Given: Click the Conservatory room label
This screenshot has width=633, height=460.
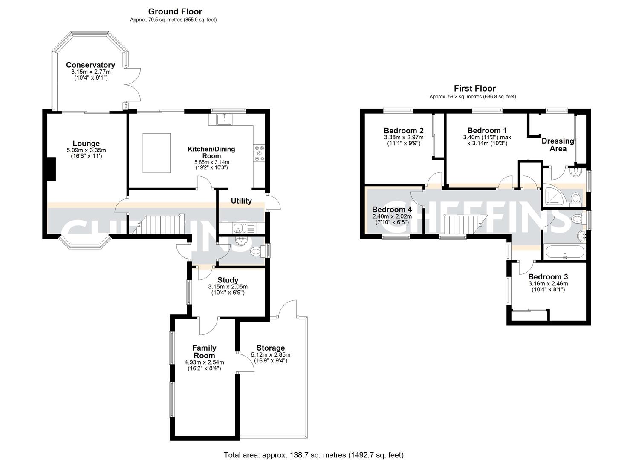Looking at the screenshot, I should click(x=90, y=65).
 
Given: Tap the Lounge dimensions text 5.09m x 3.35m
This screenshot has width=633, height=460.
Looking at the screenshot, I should click(x=86, y=150).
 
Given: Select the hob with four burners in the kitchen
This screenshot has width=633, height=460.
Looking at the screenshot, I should click(x=259, y=154).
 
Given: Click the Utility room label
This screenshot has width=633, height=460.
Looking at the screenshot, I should click(x=241, y=201).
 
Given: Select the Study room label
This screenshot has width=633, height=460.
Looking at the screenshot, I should click(x=228, y=280).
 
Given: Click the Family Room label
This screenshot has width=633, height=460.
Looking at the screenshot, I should click(x=204, y=352).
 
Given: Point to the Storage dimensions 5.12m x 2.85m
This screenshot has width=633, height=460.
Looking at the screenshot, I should click(x=271, y=355).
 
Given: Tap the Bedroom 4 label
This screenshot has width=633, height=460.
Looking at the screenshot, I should click(x=392, y=210).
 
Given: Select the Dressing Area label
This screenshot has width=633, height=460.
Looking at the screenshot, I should click(x=558, y=145).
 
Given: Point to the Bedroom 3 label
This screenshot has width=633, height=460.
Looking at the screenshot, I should click(x=548, y=277).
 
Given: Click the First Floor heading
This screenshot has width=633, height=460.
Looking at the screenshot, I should click(x=474, y=89).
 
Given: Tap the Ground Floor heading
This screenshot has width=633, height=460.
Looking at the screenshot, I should click(x=175, y=12).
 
